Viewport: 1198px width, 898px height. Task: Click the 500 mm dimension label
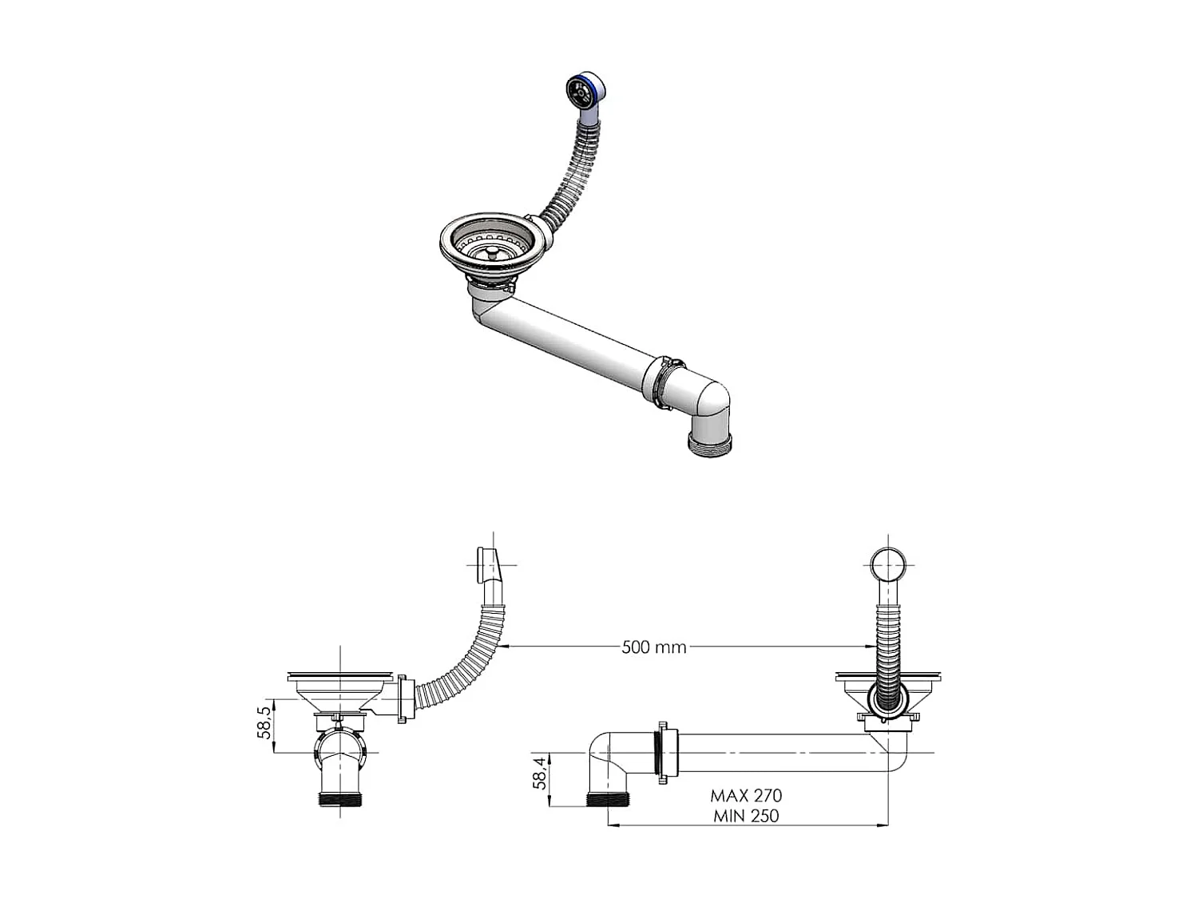coord(654,647)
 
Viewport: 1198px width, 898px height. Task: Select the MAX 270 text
coord(746,796)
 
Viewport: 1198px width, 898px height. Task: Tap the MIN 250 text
coord(746,816)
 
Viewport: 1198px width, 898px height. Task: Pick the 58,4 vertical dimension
coord(541,773)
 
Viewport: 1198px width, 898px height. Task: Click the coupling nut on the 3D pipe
coord(665,382)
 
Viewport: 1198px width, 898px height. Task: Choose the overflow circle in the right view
coord(887,564)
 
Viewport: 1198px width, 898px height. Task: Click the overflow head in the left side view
coord(486,564)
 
